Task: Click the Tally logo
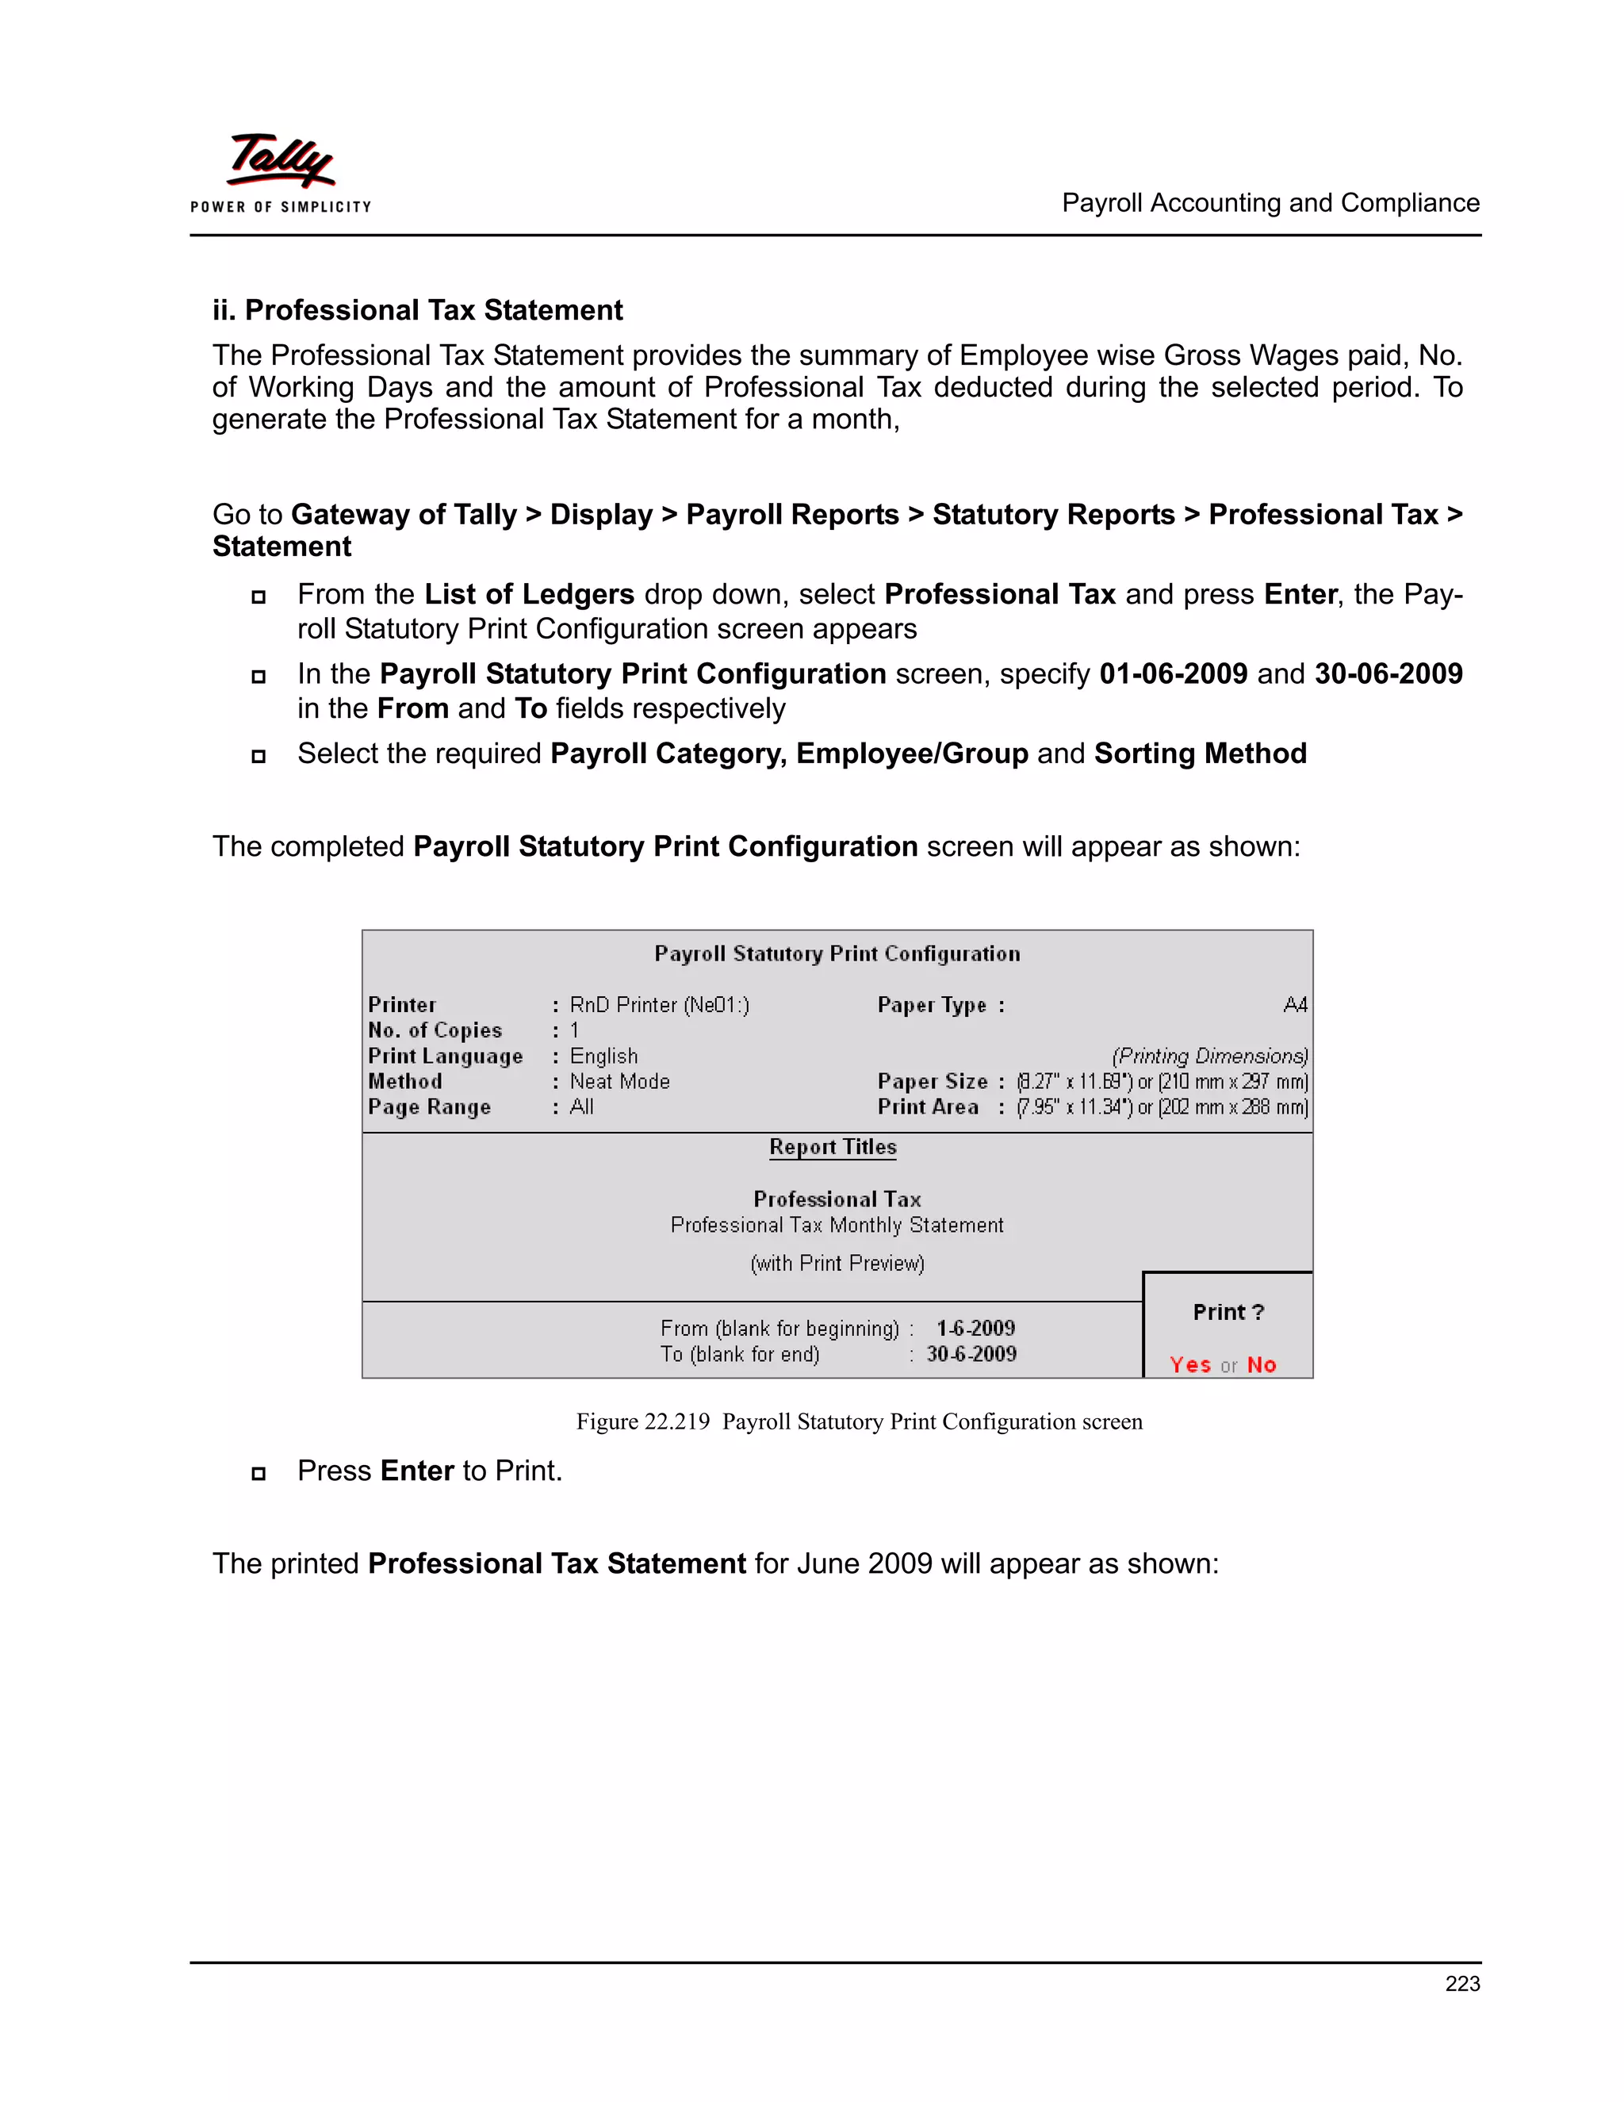[280, 162]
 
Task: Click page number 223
[1461, 1983]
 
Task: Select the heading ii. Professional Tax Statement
[418, 310]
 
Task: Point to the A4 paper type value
[1294, 1005]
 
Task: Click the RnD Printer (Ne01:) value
[659, 1005]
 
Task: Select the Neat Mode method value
[619, 1081]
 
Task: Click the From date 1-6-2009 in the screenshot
[975, 1328]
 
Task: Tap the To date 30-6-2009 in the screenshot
[971, 1353]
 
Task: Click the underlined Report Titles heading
[832, 1146]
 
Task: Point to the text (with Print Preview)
[837, 1263]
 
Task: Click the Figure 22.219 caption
[858, 1421]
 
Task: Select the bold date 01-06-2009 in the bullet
[1173, 673]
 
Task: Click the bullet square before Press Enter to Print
[258, 1472]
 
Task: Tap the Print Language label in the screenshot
[445, 1056]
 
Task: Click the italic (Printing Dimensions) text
[1209, 1056]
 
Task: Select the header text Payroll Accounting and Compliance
[1270, 203]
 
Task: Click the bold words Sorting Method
[1200, 753]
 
